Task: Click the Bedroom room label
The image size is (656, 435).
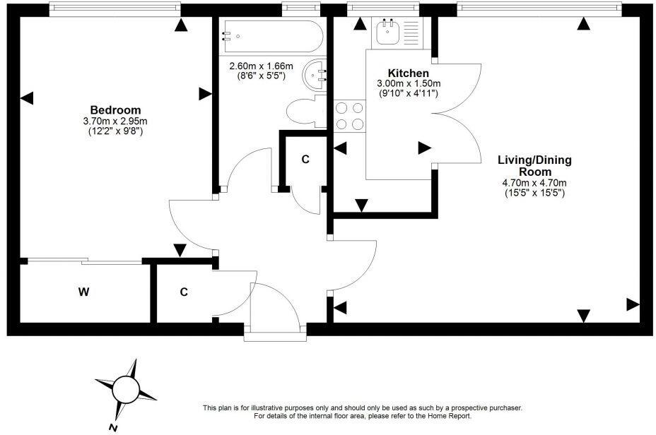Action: coord(115,110)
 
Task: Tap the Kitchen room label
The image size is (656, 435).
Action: coord(408,73)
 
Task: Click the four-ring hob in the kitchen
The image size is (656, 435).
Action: coord(350,116)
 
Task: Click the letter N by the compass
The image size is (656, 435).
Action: coord(112,428)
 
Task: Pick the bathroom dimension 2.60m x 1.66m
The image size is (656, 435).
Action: coord(261,66)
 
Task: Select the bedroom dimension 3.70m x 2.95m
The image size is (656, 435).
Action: coord(115,121)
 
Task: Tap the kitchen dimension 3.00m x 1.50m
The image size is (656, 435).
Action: coord(408,83)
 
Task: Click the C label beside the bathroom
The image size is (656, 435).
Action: coord(305,160)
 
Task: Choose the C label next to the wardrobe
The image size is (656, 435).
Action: coord(183,292)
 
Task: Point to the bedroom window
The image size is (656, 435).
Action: coord(115,8)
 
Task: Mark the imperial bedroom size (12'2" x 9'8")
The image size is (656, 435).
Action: coord(115,131)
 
